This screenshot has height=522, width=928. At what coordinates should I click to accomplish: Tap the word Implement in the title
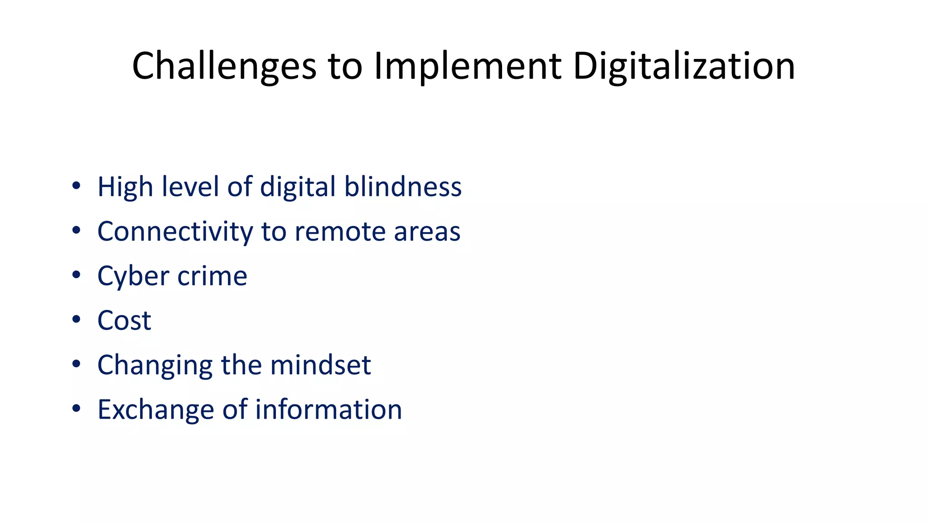pos(468,66)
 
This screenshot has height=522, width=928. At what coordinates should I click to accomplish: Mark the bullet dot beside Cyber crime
pos(76,275)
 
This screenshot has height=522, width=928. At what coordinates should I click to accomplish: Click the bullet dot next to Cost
pos(76,319)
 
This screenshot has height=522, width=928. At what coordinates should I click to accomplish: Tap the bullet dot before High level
pos(76,186)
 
